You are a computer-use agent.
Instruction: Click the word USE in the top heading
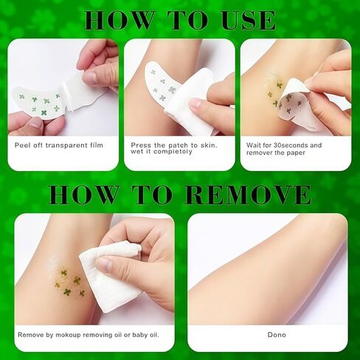click(248, 20)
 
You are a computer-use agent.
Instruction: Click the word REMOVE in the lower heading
click(248, 195)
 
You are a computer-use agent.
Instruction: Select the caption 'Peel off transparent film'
click(59, 145)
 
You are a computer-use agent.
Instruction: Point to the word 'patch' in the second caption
click(179, 145)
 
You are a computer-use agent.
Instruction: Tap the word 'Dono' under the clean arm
click(277, 335)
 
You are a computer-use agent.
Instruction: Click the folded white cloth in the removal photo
click(109, 275)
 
